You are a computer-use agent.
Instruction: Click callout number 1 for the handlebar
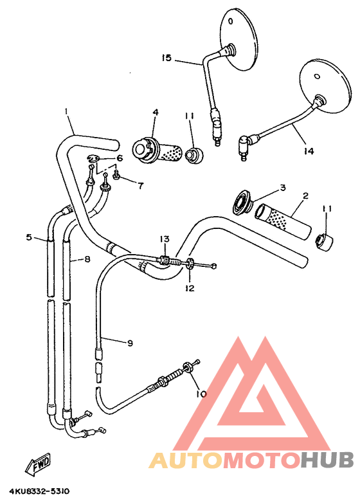click(66, 111)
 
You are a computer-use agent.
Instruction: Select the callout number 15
click(166, 59)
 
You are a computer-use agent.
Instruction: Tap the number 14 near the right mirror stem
click(309, 151)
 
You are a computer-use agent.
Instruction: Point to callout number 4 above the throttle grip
click(155, 111)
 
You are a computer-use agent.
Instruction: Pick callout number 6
click(119, 158)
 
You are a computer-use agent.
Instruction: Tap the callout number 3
click(282, 188)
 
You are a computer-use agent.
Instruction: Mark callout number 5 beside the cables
click(29, 237)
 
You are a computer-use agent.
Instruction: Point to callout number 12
click(188, 288)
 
